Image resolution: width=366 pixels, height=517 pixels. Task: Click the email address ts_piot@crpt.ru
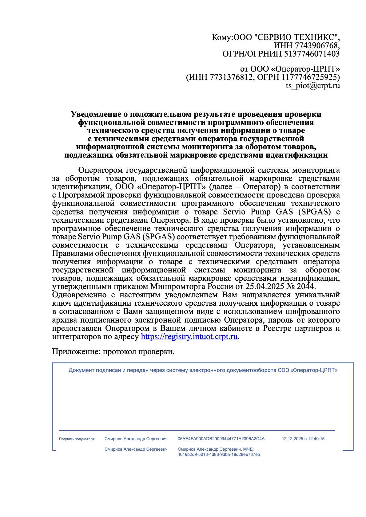tap(312, 85)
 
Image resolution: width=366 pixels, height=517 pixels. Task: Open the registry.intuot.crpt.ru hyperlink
tap(189, 336)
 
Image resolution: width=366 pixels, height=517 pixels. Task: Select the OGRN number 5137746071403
tap(312, 54)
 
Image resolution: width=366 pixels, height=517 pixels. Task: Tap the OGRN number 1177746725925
tap(310, 77)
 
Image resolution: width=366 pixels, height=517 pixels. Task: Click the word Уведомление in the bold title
tap(96, 114)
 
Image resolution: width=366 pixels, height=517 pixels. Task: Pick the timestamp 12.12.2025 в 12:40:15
tap(303, 439)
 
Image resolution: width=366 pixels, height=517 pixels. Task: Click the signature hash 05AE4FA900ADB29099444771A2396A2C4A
tap(221, 439)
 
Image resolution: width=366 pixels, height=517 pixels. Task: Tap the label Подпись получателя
tap(77, 439)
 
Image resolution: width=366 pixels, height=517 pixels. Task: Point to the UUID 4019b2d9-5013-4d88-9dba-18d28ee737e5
tap(219, 454)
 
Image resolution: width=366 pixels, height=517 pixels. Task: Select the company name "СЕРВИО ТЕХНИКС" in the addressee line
tap(296, 37)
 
